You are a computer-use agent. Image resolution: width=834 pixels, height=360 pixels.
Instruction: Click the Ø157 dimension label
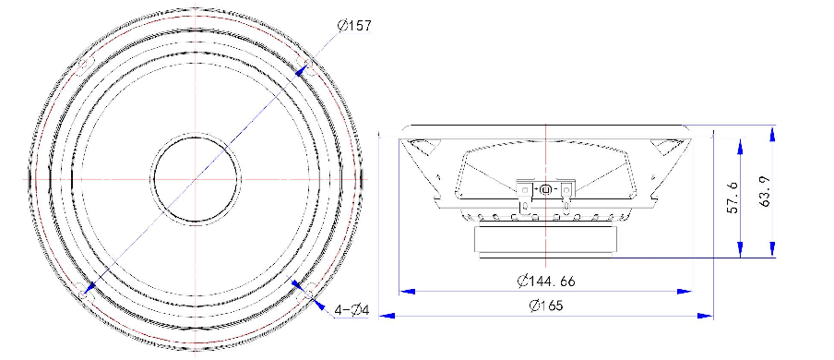tap(354, 26)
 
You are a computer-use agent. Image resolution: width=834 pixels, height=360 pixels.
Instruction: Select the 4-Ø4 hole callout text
tap(351, 309)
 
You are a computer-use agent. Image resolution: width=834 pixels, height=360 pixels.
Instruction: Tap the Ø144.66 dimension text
tap(546, 281)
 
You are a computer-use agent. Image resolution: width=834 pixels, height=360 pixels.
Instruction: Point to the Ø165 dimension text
tap(546, 306)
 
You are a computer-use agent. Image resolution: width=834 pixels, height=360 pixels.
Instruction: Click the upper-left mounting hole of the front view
tap(84, 66)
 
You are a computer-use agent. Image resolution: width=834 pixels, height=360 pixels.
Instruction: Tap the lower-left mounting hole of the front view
tap(82, 293)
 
